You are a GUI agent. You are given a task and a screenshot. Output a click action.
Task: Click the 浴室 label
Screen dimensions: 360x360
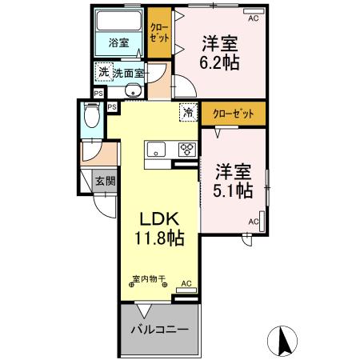118,43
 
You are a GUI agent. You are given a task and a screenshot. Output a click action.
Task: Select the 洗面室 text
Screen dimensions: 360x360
128,73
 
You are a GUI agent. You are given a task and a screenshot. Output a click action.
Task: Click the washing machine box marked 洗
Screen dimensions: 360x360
102,73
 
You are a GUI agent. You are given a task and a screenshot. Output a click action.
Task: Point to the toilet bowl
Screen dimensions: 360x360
93,119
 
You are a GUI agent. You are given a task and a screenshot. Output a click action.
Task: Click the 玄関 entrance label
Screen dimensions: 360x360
105,181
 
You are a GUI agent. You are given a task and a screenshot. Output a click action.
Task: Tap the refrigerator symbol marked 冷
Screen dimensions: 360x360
189,114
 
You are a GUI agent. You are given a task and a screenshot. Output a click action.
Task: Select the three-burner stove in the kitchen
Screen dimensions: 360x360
187,149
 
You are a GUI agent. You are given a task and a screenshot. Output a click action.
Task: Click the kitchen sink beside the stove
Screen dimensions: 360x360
155,149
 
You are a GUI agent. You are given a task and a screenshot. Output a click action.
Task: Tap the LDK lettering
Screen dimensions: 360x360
158,219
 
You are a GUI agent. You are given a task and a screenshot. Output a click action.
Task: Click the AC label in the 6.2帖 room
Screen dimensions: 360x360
254,17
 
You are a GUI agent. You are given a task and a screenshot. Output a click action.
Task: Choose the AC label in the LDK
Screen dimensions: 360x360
186,284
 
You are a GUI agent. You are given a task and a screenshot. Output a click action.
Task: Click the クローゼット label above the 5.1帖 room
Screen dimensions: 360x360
234,114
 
